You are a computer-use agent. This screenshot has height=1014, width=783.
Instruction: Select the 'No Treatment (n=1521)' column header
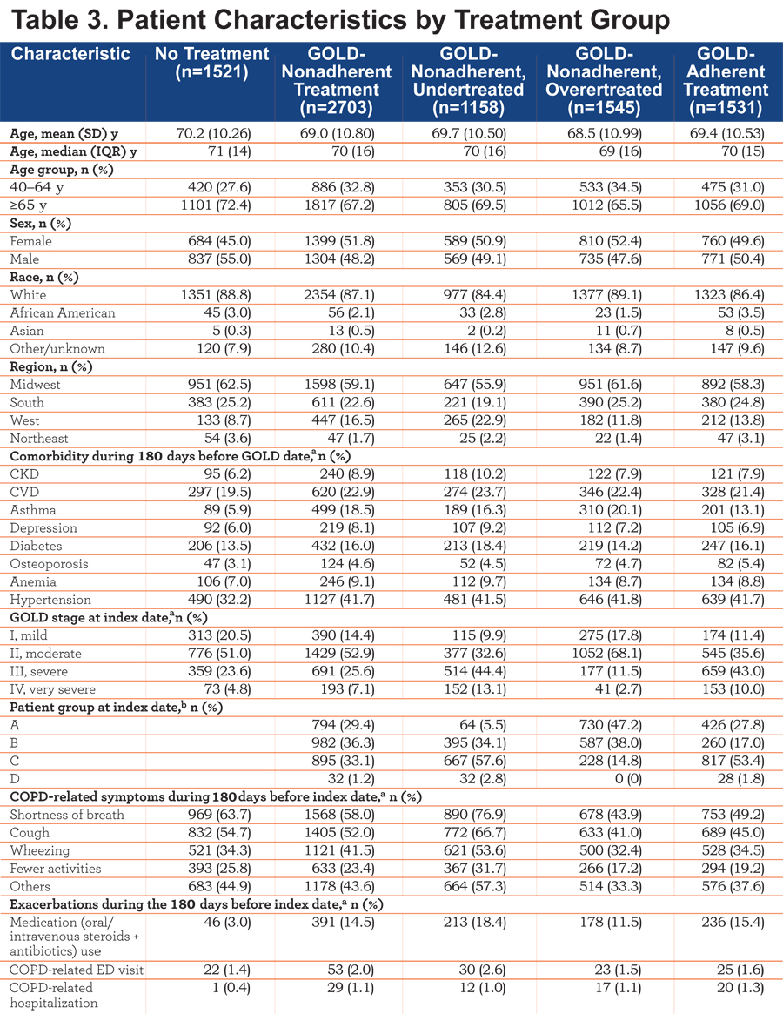click(x=211, y=63)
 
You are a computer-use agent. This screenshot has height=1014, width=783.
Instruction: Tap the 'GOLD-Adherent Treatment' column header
click(x=726, y=80)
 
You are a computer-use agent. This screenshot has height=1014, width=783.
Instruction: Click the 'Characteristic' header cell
click(x=70, y=54)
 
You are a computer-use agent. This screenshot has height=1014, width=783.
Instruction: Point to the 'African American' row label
click(x=62, y=313)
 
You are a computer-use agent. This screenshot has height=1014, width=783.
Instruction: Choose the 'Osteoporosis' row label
click(x=49, y=564)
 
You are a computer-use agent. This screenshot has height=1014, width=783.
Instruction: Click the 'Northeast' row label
click(x=39, y=439)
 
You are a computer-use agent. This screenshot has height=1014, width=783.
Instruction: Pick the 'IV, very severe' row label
click(x=52, y=689)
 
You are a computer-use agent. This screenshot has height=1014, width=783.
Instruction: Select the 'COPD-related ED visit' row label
click(x=77, y=970)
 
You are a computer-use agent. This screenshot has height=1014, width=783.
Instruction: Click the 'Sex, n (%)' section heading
click(x=40, y=224)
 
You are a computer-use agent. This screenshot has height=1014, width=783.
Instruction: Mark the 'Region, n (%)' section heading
click(x=50, y=366)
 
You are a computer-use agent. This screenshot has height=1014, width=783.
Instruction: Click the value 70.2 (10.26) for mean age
click(x=213, y=134)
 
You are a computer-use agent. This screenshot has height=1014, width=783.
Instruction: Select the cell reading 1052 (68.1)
click(x=606, y=654)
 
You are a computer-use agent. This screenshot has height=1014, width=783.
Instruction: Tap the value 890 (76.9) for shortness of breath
click(x=474, y=815)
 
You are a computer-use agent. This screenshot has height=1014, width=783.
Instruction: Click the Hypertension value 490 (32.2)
click(x=219, y=600)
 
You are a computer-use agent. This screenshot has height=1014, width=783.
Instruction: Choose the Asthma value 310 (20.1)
click(x=611, y=510)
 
